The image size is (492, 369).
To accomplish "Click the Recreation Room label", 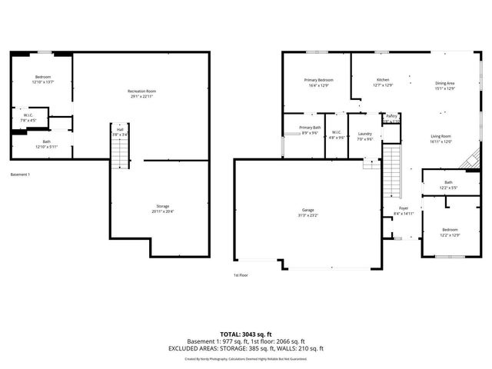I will [x=141, y=92].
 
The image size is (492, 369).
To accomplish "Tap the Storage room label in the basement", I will [x=163, y=207].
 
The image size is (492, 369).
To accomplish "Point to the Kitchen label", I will [x=382, y=81].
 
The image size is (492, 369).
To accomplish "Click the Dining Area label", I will [x=445, y=84].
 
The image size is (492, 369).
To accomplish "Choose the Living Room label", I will [x=440, y=137].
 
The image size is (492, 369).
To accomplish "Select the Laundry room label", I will [x=365, y=135].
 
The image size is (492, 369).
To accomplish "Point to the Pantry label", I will [x=391, y=117].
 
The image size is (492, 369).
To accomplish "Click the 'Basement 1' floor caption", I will [x=21, y=175].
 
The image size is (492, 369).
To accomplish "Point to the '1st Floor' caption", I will [x=241, y=274].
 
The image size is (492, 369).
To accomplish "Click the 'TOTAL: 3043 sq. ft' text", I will [x=246, y=334].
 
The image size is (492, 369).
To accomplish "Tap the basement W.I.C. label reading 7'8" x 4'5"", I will [x=28, y=118].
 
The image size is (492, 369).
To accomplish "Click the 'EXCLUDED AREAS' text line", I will [x=246, y=348].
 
